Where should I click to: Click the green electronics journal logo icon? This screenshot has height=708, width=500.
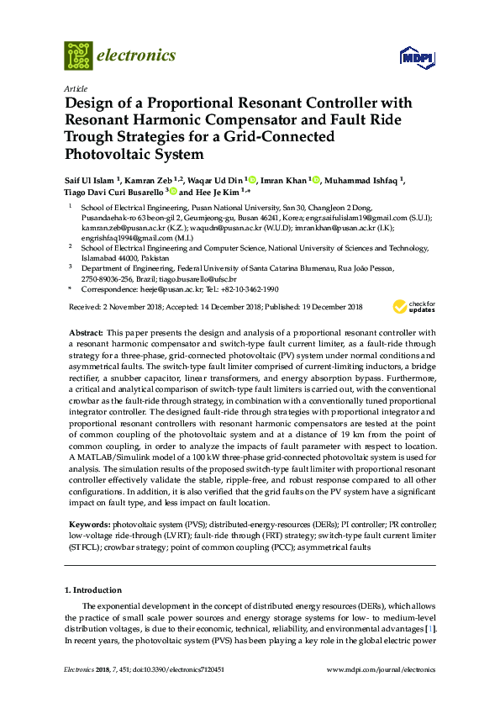[x=78, y=55]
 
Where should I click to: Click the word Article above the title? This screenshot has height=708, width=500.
[x=76, y=88]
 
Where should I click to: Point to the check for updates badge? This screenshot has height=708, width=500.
[x=419, y=307]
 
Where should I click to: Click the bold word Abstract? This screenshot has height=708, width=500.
[x=87, y=334]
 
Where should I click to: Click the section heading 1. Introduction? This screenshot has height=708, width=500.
[x=93, y=589]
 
